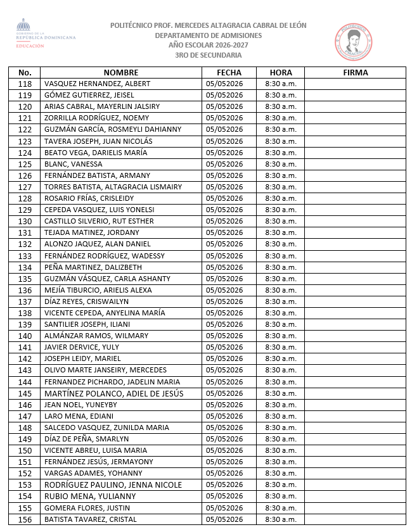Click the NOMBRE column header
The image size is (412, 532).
click(x=121, y=72)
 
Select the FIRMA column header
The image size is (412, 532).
click(x=355, y=72)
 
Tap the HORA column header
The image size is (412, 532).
click(x=281, y=72)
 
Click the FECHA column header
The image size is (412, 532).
click(x=229, y=72)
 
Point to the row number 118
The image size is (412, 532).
click(x=25, y=84)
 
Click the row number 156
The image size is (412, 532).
click(x=25, y=519)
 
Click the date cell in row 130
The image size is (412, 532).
click(x=224, y=221)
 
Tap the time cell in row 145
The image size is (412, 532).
click(x=281, y=393)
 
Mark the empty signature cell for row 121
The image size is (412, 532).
click(x=355, y=118)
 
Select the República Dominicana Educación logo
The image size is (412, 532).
click(x=44, y=35)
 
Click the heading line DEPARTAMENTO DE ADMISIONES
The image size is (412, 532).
click(x=208, y=35)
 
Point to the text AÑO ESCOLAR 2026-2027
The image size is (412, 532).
click(x=208, y=45)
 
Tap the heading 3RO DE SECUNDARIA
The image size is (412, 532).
click(x=208, y=55)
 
